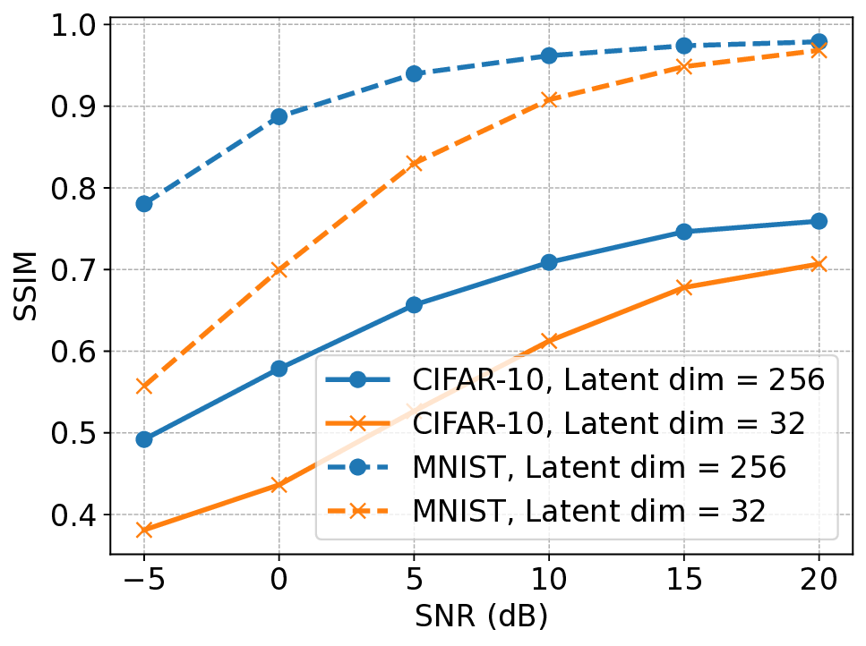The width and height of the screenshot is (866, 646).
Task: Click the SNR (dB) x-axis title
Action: [481, 618]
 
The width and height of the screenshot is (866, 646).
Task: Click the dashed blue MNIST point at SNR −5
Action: [143, 204]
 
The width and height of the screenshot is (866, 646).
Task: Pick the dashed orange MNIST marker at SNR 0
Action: [279, 268]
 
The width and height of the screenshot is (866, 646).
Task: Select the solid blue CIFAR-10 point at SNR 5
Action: [414, 305]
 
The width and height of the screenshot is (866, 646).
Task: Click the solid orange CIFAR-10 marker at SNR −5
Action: [143, 531]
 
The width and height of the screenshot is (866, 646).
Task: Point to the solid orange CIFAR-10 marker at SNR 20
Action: [819, 264]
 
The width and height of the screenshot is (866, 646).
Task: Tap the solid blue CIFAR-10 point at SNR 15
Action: [683, 232]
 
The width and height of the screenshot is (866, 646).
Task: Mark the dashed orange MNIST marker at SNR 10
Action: [549, 99]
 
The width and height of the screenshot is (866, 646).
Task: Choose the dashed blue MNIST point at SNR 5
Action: [414, 73]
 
